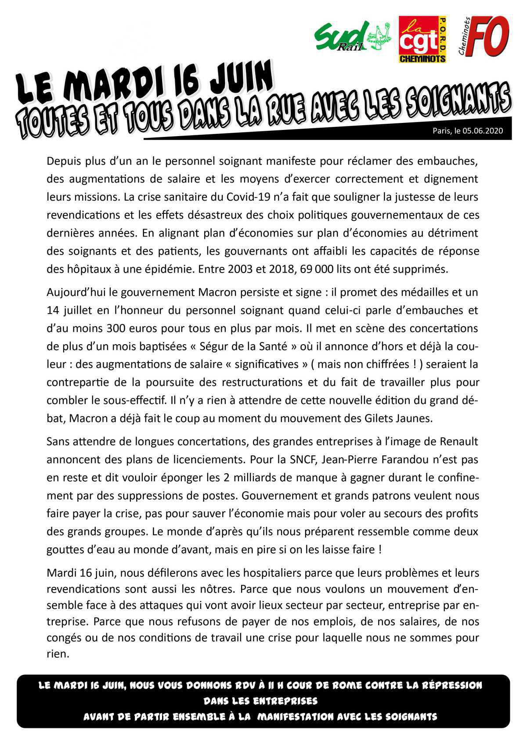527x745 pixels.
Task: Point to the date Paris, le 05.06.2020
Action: [x=467, y=131]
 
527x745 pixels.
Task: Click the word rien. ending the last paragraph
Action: [x=58, y=654]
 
